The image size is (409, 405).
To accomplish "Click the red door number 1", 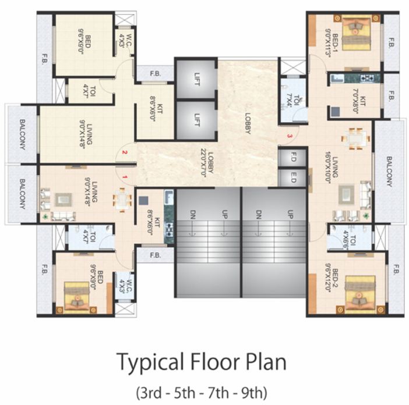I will tap(124, 175).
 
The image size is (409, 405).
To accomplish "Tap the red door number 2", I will tap(124, 153).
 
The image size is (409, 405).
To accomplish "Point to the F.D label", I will tap(294, 157).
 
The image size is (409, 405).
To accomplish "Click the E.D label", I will tap(294, 177).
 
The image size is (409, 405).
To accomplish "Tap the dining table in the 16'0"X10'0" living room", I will tap(355, 138).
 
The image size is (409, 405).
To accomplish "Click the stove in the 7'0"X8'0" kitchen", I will tap(368, 77).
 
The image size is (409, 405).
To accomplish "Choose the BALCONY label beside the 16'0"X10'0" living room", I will tap(389, 170).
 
